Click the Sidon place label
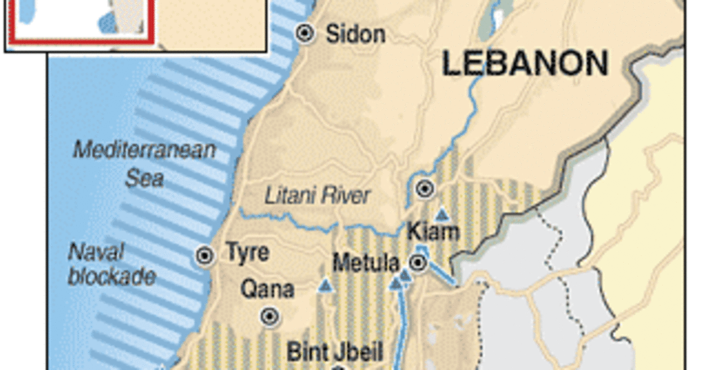(x=356, y=33)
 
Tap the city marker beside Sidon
(x=305, y=33)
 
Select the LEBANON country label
(x=525, y=63)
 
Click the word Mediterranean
(x=144, y=150)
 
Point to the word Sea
(x=144, y=177)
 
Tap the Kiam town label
(x=434, y=231)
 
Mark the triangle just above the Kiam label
(x=442, y=214)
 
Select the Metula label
(x=365, y=263)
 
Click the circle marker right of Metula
(x=418, y=263)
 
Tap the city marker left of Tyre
(x=205, y=255)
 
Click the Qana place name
(x=267, y=289)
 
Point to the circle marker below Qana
(x=270, y=317)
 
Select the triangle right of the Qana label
(x=325, y=286)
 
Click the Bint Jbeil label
(x=335, y=352)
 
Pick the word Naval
(x=96, y=253)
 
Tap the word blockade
(x=112, y=276)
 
